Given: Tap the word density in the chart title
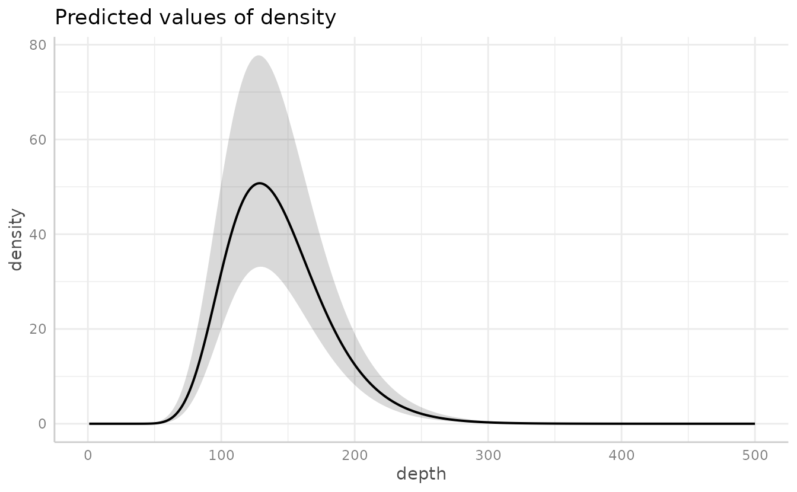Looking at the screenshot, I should coord(301,18).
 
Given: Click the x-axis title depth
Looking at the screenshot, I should coord(421,474).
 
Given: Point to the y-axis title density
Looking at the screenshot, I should coord(16,239).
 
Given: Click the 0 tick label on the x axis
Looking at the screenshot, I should coord(88,455).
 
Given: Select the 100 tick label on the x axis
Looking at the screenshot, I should coord(221,455).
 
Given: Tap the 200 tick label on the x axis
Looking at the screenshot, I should coord(355,455).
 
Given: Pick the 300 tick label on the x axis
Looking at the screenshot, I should coord(488,455).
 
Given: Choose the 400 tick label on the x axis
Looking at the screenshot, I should coord(621,455).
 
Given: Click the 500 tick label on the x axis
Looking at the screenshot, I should coord(754,455).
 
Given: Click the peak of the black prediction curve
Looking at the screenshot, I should coord(260,183).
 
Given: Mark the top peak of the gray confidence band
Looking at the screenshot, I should coord(259,56).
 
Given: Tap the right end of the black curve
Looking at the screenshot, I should coord(754,424).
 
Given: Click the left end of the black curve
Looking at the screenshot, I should coord(90,424).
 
